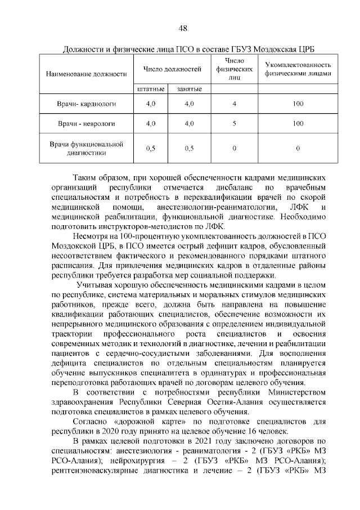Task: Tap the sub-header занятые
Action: click(189, 89)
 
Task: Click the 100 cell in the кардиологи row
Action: click(298, 104)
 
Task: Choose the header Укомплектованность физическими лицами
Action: click(298, 69)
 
